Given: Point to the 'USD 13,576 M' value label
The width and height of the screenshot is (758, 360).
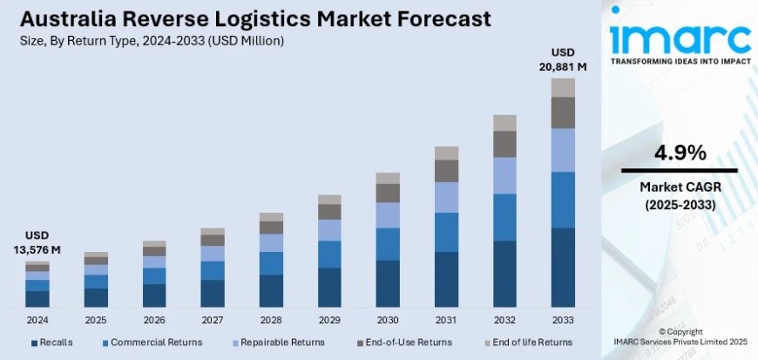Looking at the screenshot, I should click(37, 243).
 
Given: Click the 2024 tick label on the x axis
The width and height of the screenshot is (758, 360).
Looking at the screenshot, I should click(37, 320).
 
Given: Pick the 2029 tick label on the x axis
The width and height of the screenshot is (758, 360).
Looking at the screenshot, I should click(329, 320).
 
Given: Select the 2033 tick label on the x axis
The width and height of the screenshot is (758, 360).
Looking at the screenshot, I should click(563, 320).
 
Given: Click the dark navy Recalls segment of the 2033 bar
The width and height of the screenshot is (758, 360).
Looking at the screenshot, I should click(563, 268).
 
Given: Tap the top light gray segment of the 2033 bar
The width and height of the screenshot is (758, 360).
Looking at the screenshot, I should click(563, 87).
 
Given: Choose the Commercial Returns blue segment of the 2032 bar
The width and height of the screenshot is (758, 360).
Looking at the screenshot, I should click(504, 217).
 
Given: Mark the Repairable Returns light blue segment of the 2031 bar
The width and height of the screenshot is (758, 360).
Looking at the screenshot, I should click(446, 197).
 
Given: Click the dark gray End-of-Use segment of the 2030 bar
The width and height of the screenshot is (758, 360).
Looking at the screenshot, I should click(388, 193).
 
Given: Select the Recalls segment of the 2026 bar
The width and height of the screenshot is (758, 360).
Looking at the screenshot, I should click(154, 295).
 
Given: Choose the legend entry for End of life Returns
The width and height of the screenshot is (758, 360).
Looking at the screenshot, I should click(531, 343).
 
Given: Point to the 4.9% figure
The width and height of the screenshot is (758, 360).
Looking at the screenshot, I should click(680, 153).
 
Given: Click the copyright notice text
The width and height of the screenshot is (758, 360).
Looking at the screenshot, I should click(680, 337).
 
